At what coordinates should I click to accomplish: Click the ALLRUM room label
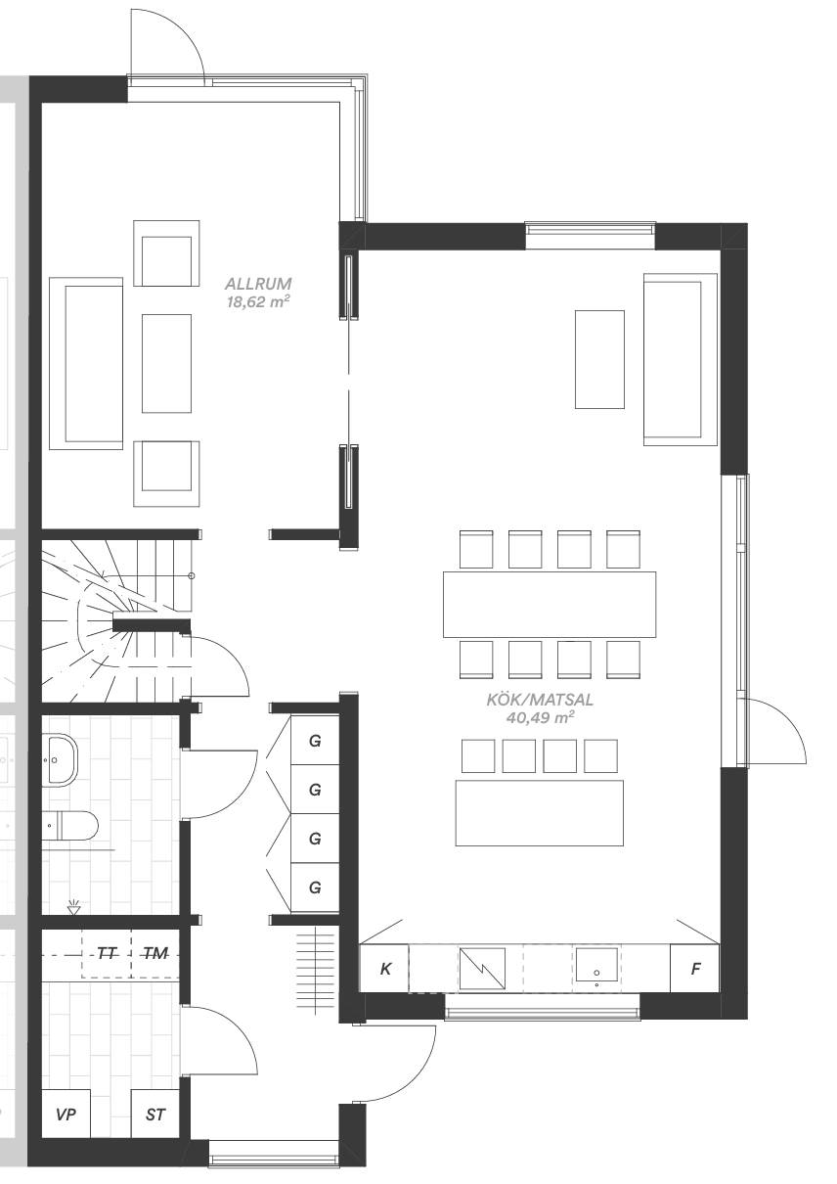click(258, 284)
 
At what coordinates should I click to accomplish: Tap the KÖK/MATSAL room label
click(540, 700)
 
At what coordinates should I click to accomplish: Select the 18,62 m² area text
click(258, 302)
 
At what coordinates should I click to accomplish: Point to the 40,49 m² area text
click(540, 717)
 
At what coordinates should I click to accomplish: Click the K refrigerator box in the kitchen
click(385, 969)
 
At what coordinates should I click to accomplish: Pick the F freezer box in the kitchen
click(695, 969)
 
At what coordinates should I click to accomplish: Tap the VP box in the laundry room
click(66, 1115)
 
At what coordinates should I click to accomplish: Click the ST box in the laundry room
click(155, 1115)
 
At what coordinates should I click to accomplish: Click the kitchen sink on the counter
click(596, 969)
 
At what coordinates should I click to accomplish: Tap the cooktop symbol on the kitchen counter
click(482, 969)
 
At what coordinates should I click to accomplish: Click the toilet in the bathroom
click(70, 826)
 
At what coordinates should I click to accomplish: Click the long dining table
click(550, 604)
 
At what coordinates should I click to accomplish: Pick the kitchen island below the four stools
click(539, 813)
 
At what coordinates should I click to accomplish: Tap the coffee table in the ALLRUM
click(166, 364)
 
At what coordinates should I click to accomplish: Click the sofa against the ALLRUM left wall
click(86, 364)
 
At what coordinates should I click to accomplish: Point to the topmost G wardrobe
click(315, 741)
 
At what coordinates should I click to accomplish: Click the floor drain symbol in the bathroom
click(73, 908)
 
